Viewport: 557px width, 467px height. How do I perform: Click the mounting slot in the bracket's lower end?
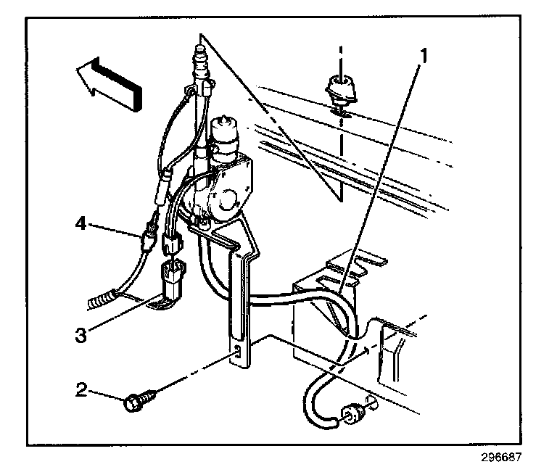pos(237,353)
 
